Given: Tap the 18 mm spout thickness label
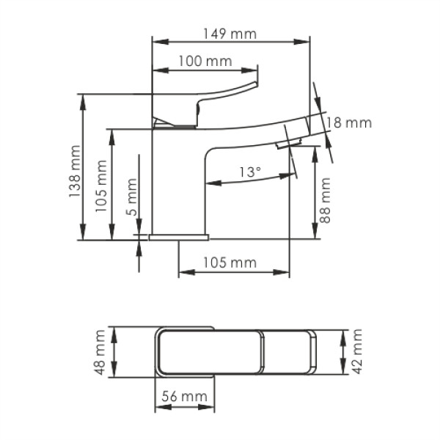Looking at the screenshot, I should (x=350, y=122).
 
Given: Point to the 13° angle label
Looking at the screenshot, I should (x=250, y=172).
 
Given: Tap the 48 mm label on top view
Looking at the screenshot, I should (x=102, y=353).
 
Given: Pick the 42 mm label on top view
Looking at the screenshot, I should (x=357, y=353).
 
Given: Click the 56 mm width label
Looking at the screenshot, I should (x=184, y=397).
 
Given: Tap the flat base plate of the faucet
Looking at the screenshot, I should (x=179, y=237).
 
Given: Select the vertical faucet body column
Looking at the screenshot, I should (x=176, y=183).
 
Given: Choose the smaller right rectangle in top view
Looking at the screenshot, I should (x=288, y=353).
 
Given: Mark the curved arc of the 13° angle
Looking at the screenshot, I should (x=249, y=183).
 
